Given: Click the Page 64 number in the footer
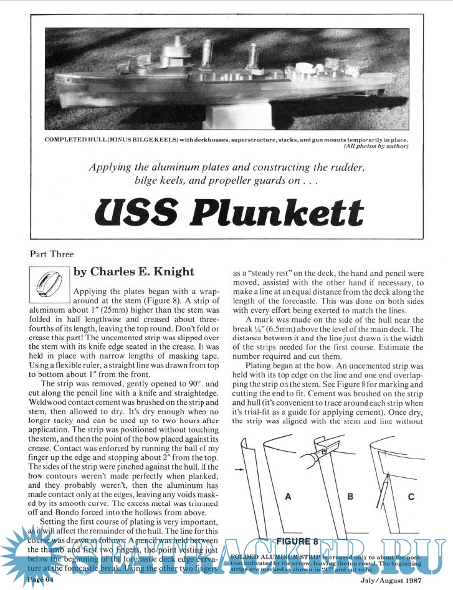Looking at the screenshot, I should point(42,580).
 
